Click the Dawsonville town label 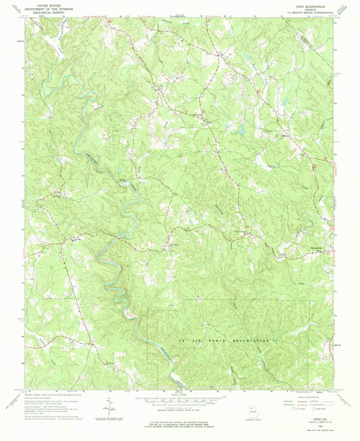pyautogui.click(x=318, y=248)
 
